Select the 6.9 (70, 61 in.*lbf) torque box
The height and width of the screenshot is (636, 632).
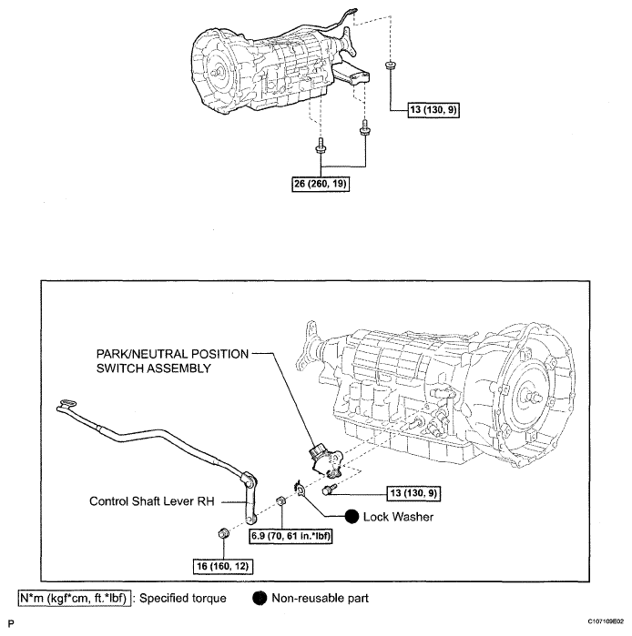point(291,536)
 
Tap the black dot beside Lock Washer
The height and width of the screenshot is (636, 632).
point(352,515)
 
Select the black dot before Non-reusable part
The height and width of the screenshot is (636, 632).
point(258,599)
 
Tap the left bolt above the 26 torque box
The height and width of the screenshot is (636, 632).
point(321,146)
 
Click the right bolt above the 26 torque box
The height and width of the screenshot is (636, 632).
point(365,131)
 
